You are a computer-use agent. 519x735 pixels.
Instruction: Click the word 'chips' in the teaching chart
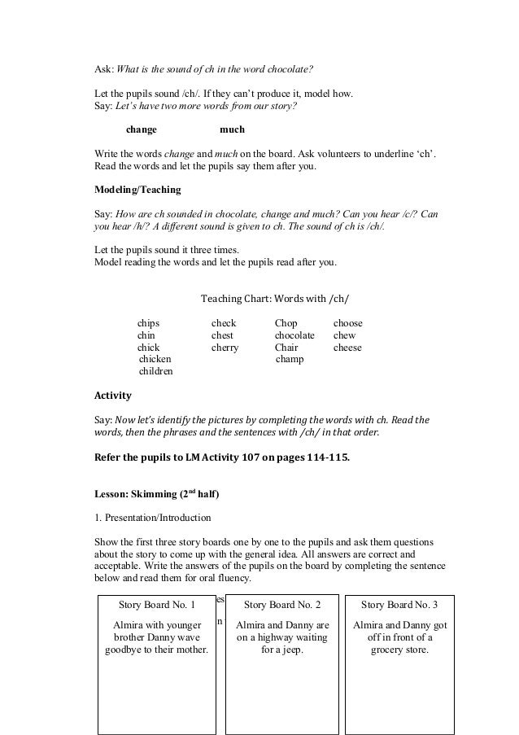click(x=148, y=323)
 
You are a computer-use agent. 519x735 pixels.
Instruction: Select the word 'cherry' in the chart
click(x=225, y=348)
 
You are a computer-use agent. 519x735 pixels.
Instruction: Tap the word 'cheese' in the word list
click(x=347, y=348)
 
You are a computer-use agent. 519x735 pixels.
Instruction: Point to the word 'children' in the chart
click(x=156, y=371)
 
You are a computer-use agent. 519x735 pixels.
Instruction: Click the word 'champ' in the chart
click(x=290, y=359)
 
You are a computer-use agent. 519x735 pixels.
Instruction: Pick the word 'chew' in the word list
click(x=344, y=335)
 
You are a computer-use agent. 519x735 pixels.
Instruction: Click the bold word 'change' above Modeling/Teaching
click(x=142, y=129)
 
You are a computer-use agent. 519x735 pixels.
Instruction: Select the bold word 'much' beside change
click(x=232, y=129)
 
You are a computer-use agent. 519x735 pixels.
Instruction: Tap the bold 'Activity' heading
click(x=113, y=396)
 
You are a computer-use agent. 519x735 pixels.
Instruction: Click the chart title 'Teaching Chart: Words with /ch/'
click(x=280, y=300)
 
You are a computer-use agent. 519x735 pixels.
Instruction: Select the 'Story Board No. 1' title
click(x=157, y=605)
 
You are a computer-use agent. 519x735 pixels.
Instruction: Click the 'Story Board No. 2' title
click(x=282, y=605)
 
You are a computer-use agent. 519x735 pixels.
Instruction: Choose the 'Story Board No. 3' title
click(x=399, y=605)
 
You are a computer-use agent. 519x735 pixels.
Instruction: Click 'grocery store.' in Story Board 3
click(x=399, y=650)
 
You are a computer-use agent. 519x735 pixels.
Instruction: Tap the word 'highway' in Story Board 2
click(x=268, y=637)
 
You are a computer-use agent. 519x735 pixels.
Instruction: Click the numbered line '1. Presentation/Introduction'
click(x=153, y=517)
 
